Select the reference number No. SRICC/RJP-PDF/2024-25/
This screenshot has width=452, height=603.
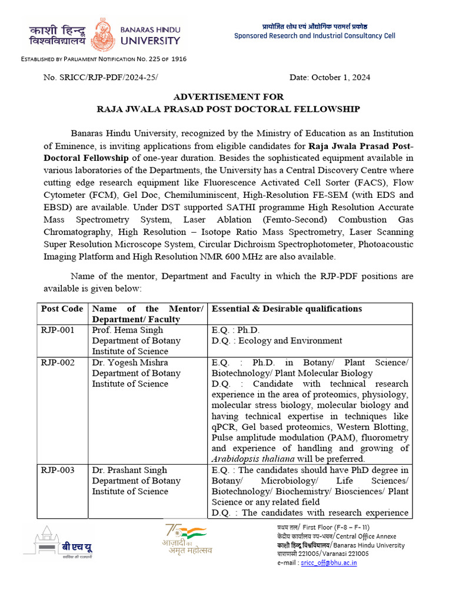101,78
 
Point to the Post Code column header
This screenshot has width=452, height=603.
62,309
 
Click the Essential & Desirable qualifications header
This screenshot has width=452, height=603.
287,309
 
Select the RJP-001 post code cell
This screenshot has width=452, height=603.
58,330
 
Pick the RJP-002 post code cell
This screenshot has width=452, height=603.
58,363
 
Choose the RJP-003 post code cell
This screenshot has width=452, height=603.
58,470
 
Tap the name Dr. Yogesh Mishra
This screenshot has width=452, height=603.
129,363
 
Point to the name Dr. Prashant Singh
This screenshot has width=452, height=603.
129,470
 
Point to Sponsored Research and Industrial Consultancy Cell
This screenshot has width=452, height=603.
315,36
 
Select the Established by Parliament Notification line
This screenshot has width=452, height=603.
104,59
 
